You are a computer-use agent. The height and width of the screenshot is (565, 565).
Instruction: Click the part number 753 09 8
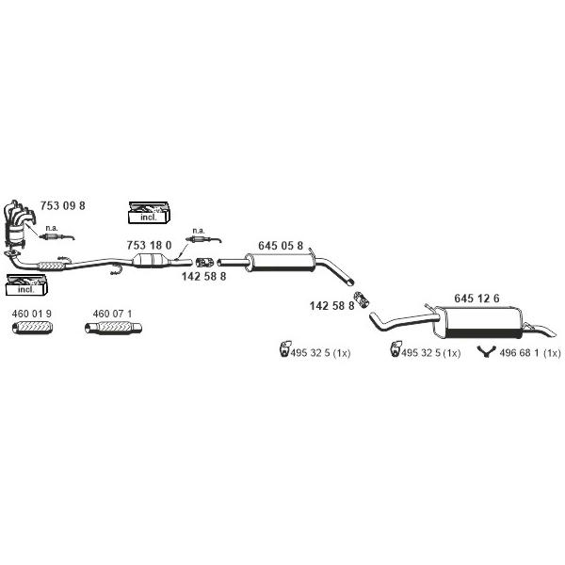pos(63,205)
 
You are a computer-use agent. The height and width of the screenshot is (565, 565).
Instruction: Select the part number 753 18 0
pos(149,246)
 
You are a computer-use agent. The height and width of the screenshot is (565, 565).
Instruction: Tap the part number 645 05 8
pos(281,246)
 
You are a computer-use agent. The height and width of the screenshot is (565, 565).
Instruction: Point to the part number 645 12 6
pos(476,299)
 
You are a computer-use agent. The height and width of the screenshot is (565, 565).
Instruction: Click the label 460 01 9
pos(32,314)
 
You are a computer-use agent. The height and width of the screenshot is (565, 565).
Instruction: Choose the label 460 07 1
pos(112,314)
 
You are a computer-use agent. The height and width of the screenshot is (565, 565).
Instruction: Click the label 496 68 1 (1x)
pos(530,353)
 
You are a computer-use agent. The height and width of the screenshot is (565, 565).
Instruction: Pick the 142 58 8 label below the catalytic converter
pos(204,276)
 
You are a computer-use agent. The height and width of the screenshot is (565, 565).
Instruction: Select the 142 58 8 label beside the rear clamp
pos(331,306)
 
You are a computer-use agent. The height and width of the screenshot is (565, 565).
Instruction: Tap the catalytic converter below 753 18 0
pos(151,260)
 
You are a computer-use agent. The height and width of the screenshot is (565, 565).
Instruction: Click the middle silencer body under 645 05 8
pos(280,263)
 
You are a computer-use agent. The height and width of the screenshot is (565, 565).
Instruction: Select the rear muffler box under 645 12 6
pos(478,322)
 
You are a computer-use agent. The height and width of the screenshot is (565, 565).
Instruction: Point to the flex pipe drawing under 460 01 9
pos(32,328)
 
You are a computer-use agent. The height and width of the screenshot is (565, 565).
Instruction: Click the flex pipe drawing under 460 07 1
pos(113,328)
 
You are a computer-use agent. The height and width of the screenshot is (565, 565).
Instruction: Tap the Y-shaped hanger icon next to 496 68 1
pos(486,351)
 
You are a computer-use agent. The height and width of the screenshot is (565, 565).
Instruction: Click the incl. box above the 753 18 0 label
pos(149,213)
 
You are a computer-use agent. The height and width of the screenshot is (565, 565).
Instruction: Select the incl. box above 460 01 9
pos(26,284)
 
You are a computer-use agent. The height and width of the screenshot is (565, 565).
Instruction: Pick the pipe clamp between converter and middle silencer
pos(205,263)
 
